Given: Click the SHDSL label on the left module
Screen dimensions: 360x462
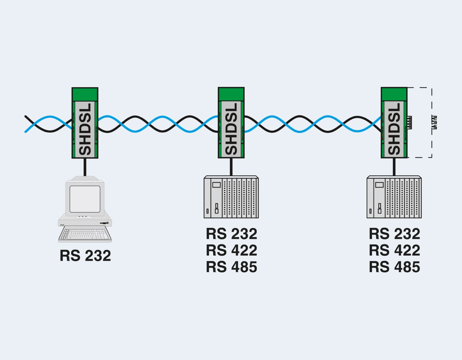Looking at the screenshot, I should click(85, 129).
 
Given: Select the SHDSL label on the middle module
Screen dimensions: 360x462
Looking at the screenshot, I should click(231, 129).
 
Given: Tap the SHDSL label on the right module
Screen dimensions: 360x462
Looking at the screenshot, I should click(395, 129).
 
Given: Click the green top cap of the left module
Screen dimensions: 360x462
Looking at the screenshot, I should click(85, 94).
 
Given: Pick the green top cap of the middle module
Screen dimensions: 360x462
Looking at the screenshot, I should click(231, 94).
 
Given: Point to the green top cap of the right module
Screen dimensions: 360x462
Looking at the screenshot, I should click(394, 94).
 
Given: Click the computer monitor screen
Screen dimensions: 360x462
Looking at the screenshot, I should click(85, 199).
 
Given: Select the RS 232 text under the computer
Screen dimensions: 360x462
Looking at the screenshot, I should click(85, 256).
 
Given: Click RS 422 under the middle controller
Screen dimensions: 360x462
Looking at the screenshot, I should click(231, 250).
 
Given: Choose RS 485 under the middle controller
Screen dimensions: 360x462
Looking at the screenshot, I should click(231, 267).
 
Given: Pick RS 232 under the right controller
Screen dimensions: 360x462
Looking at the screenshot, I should click(395, 234).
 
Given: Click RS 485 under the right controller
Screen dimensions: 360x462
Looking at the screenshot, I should click(395, 267).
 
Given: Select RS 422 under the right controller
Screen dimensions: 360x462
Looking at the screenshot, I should click(395, 250).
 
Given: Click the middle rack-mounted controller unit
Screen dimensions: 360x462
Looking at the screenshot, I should click(231, 197).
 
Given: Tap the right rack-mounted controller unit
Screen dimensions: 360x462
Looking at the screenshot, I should click(394, 197).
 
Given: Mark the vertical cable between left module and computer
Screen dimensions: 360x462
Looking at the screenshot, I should click(85, 167).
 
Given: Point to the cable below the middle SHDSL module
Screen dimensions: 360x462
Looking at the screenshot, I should click(231, 167).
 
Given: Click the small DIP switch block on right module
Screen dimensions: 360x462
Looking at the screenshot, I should click(409, 122).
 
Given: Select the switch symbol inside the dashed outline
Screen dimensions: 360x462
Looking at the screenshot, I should click(434, 122).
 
